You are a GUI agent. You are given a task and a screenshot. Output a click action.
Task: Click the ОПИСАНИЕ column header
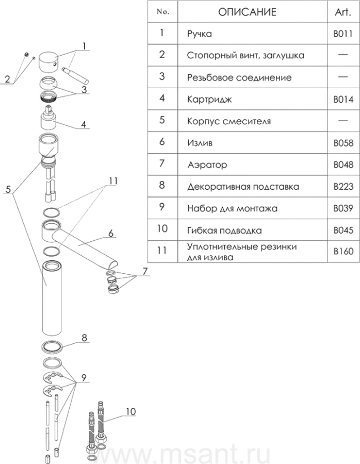tap(247, 12)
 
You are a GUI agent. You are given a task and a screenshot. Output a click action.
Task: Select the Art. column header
tap(342, 12)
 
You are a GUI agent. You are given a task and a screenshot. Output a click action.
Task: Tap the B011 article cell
tap(342, 35)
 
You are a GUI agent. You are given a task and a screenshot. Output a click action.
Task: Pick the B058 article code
tap(342, 143)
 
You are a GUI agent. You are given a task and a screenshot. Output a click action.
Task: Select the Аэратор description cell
tap(207, 165)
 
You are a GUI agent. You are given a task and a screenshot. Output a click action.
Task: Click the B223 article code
tap(342, 187)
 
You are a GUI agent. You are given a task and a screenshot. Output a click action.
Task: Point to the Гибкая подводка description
tap(224, 230)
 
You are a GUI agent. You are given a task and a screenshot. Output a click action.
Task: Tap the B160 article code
tap(342, 252)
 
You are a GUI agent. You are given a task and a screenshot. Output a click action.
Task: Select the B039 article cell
tap(342, 209)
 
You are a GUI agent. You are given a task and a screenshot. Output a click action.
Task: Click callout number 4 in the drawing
tap(83, 124)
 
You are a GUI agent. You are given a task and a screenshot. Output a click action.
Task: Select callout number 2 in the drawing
tap(7, 79)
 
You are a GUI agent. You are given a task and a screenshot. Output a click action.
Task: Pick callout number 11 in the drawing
tap(113, 181)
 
